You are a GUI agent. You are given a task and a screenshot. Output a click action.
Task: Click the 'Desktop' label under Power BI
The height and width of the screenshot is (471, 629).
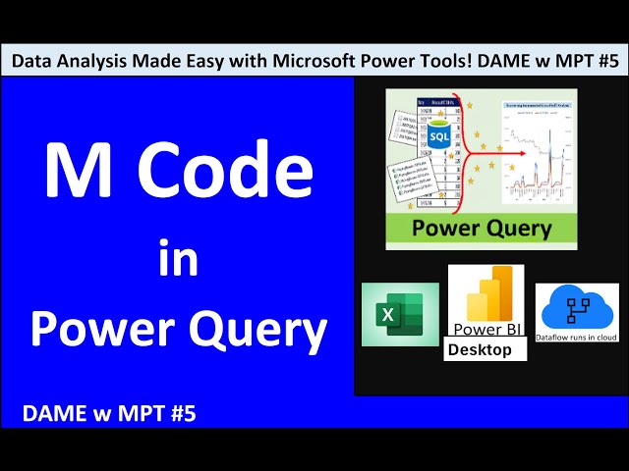481,350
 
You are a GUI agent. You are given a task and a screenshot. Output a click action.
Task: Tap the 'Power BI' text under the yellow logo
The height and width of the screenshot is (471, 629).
486,329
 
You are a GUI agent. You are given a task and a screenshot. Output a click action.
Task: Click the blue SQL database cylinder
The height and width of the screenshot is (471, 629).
439,137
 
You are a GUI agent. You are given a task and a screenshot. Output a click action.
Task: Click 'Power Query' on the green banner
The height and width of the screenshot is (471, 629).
482,230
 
